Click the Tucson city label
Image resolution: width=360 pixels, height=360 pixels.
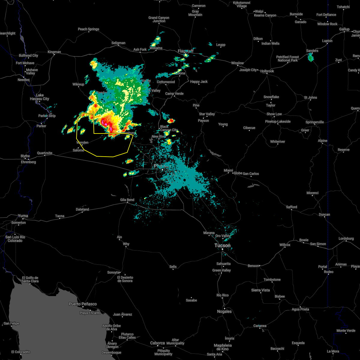[222, 245]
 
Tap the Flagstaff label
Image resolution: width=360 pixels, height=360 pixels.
[186, 51]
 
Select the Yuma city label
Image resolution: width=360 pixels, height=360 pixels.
[23, 216]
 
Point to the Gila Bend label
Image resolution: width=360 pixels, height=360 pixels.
[127, 200]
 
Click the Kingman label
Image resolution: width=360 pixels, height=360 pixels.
[54, 52]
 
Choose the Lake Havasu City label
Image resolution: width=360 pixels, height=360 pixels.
[40, 97]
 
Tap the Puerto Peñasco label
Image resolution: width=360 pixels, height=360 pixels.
[83, 304]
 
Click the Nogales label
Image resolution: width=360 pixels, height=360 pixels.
[224, 311]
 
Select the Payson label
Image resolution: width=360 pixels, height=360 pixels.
[203, 121]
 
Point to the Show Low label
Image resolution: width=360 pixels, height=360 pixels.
[274, 114]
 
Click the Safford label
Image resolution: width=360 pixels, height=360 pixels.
[291, 207]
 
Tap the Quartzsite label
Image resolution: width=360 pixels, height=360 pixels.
[45, 153]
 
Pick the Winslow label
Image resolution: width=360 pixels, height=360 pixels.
[237, 63]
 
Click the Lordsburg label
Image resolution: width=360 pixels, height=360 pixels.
[346, 238]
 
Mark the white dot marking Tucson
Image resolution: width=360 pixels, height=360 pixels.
[222, 249]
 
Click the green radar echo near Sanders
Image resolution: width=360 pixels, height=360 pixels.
[311, 57]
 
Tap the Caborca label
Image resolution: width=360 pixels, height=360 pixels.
[157, 343]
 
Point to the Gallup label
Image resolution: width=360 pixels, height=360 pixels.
[344, 29]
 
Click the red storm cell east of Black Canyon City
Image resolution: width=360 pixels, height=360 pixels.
[171, 121]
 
